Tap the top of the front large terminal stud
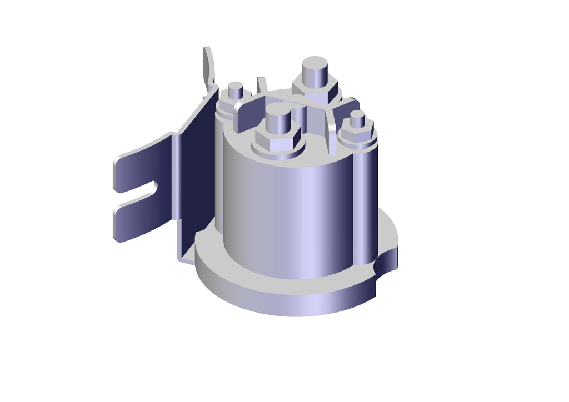tap(278, 109)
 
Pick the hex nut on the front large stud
tap(277, 139)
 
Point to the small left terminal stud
tap(236, 91)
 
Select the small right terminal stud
tap(357, 118)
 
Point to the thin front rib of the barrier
tap(332, 139)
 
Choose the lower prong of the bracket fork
tap(139, 219)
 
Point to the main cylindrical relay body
tap(289, 217)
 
